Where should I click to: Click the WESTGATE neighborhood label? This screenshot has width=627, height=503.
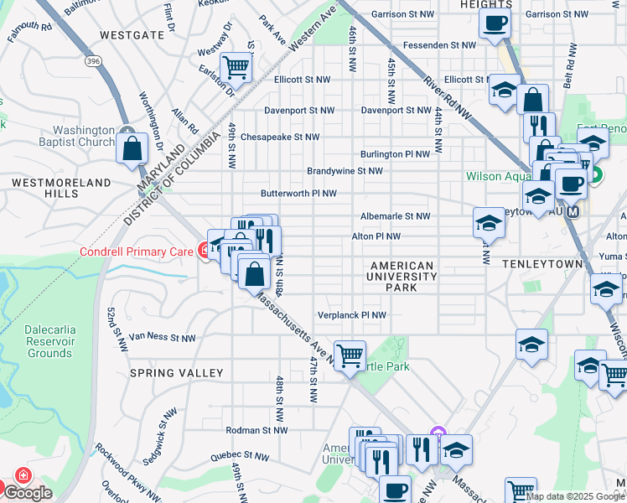[x=132, y=35]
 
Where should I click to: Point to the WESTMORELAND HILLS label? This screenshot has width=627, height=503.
[x=61, y=188]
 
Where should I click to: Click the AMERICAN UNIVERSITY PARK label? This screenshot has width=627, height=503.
[x=402, y=277]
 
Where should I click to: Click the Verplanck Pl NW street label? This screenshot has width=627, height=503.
[x=352, y=315]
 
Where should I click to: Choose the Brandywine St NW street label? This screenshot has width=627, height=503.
[x=345, y=170]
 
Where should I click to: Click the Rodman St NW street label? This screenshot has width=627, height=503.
[x=256, y=430]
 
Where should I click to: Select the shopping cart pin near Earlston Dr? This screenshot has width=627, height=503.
[x=236, y=66]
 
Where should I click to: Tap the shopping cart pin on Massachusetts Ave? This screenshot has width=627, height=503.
[x=349, y=354]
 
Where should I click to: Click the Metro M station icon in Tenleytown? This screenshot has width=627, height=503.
[x=573, y=212]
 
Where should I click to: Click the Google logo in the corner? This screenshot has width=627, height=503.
[x=28, y=493]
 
